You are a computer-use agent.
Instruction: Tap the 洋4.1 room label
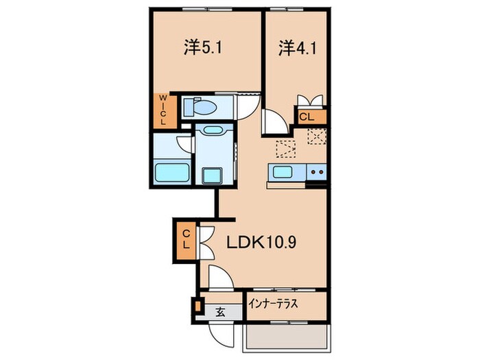coord(291,47)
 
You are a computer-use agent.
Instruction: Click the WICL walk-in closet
coord(164,110)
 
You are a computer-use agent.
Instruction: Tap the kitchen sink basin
coord(282,171)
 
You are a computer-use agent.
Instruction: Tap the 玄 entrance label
coord(221,312)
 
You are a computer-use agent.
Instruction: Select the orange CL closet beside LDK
coord(185,241)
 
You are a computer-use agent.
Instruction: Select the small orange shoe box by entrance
coord(198,306)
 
